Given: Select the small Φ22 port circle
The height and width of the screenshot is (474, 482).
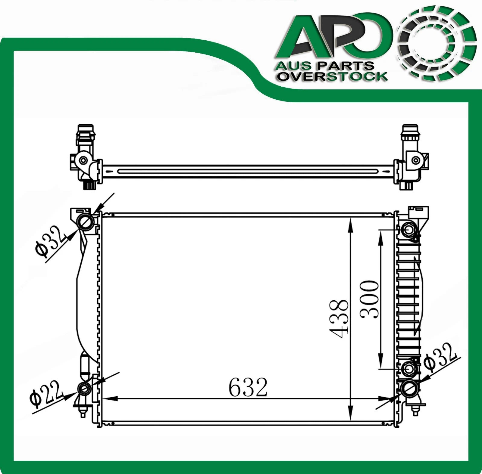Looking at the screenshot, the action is tap(84, 389).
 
